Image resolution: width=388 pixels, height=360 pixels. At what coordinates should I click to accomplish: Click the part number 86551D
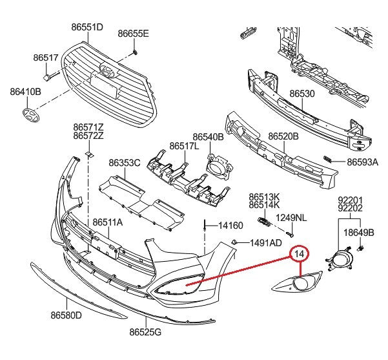pos(87,27)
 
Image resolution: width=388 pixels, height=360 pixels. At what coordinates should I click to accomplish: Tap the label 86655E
pos(133,34)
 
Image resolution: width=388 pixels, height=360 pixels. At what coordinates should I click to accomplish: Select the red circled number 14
pos(299,253)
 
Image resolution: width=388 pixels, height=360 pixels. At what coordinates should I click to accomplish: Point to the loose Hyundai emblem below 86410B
pos(31,115)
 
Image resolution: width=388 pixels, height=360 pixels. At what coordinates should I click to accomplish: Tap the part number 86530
pos(302,94)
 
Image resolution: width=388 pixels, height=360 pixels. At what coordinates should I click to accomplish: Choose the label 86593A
pos(363,162)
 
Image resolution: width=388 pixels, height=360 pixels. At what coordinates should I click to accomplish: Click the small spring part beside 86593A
pos(327,159)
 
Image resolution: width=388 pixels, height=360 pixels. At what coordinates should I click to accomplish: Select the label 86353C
pos(125,163)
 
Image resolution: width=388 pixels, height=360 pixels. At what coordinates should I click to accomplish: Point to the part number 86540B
pos(208,137)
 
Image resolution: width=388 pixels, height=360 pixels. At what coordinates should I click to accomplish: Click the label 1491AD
pos(266,243)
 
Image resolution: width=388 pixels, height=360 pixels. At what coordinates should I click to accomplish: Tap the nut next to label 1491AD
pos(233,242)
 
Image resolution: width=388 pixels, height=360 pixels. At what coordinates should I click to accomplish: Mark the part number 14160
pos(230,226)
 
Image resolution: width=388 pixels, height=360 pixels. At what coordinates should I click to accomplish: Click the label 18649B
pos(359,233)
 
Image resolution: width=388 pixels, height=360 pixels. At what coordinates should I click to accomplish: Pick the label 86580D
pos(66,315)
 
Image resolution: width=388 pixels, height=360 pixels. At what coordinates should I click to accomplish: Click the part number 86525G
pos(145,332)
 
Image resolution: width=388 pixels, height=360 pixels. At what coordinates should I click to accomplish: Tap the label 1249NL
pos(291,218)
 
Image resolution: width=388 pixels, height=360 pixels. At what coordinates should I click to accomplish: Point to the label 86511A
pos(108,222)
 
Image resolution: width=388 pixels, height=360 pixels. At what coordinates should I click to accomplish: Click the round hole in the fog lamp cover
pos(300,283)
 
